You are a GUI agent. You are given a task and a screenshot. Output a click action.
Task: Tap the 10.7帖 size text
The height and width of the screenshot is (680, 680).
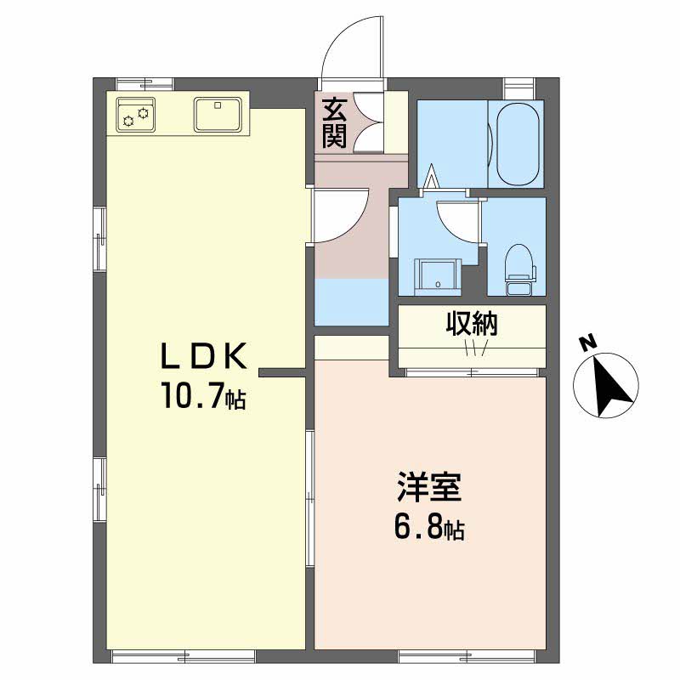click(x=203, y=397)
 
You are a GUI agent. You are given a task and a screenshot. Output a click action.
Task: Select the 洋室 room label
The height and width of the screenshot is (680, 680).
click(x=428, y=489)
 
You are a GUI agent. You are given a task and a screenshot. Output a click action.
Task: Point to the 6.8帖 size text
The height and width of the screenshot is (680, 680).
click(x=428, y=529)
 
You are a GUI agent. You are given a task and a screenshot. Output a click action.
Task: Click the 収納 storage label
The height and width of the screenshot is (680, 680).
click(x=473, y=324)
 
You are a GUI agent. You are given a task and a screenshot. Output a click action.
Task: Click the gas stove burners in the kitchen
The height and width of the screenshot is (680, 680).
click(x=135, y=115)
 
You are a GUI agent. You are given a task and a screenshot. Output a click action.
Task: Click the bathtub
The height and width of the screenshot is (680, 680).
click(x=518, y=144)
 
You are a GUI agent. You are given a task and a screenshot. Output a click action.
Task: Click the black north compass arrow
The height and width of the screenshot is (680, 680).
click(x=609, y=382)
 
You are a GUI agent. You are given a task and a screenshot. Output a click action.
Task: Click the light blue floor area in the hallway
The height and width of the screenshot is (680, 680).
click(x=351, y=301)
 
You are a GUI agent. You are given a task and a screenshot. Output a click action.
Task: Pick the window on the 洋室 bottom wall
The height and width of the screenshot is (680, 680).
click(x=467, y=655)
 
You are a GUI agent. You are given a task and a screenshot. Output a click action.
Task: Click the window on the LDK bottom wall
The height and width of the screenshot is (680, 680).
click(x=184, y=655)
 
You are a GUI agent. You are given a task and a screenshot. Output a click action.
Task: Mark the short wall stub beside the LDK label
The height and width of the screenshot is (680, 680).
click(x=282, y=371)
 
